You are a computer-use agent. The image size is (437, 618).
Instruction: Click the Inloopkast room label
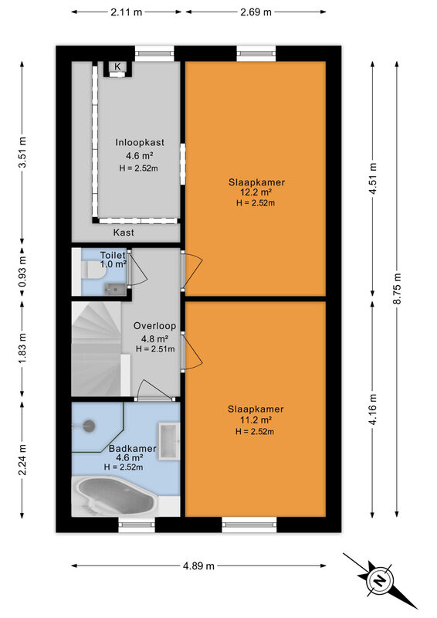click(x=140, y=142)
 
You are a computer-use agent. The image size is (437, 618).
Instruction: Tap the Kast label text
click(x=124, y=233)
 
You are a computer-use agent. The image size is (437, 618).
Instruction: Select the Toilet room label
click(x=113, y=255)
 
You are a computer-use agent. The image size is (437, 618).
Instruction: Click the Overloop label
click(x=154, y=326)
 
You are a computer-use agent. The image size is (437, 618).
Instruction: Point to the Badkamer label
click(x=132, y=449)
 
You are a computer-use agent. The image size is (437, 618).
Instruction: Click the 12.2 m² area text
click(x=256, y=192)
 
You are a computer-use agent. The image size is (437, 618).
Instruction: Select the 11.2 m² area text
click(x=256, y=420)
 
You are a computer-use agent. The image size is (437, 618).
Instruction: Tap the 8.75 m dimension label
click(x=397, y=288)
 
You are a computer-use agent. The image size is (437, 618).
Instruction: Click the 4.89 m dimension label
click(x=198, y=566)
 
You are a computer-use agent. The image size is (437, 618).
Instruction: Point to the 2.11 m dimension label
click(x=126, y=12)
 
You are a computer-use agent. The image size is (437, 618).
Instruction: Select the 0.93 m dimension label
click(x=22, y=272)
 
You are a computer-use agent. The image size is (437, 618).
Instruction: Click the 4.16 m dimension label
click(x=373, y=409)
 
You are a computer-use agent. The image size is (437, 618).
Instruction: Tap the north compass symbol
click(x=379, y=581)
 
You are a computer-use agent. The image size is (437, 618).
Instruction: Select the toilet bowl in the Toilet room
click(x=93, y=270)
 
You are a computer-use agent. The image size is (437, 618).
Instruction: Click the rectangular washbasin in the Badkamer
click(x=169, y=441)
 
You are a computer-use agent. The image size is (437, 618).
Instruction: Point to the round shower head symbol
click(x=89, y=426)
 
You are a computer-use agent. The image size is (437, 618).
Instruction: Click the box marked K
click(x=117, y=67)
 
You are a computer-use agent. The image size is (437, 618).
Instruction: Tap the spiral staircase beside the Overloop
click(x=97, y=349)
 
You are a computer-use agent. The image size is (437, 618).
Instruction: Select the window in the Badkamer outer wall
click(x=137, y=525)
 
